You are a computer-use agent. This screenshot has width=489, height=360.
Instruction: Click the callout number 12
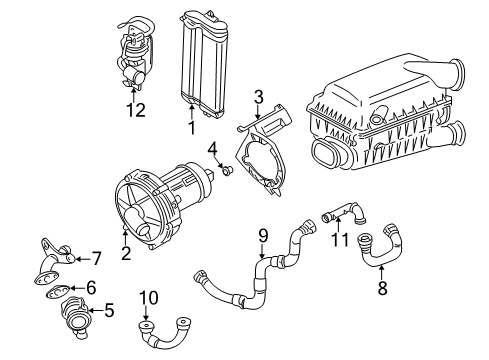tap(136, 110)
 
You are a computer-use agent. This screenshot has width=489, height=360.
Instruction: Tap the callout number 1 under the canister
tap(191, 128)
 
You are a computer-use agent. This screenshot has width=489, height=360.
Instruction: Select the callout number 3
tap(258, 97)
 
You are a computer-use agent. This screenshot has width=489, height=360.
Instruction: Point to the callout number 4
tap(213, 149)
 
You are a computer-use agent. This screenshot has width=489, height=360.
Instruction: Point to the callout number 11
tap(340, 240)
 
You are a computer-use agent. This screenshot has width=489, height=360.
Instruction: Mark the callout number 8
tap(382, 288)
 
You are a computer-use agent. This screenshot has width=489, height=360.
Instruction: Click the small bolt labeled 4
tap(228, 171)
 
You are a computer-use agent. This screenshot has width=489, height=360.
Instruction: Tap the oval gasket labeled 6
tap(58, 292)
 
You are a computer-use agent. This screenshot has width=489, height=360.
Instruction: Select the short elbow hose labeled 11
tap(343, 213)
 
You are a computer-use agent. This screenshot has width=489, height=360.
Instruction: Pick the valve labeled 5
tap(75, 315)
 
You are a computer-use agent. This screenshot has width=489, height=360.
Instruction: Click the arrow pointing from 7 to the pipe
tap(82, 259)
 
